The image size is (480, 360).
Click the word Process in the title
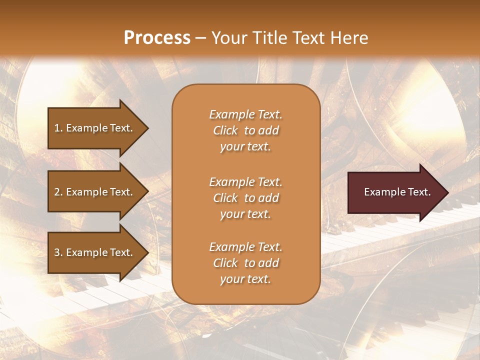(x=157, y=38)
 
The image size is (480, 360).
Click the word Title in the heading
(x=268, y=38)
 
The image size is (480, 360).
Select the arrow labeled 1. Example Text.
(x=95, y=128)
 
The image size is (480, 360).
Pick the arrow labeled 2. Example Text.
(x=95, y=192)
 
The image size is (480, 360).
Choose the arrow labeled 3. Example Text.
(x=95, y=252)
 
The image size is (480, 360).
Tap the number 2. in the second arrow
(x=58, y=192)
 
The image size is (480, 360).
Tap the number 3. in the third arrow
(x=58, y=252)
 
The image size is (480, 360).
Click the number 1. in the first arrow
(x=58, y=128)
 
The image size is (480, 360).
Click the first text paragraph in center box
(x=245, y=130)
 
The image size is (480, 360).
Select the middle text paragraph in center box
(x=245, y=198)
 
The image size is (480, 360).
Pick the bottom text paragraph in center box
(x=245, y=263)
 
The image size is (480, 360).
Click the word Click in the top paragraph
(x=225, y=130)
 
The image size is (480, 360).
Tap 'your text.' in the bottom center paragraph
(x=245, y=279)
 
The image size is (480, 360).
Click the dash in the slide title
(x=201, y=38)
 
